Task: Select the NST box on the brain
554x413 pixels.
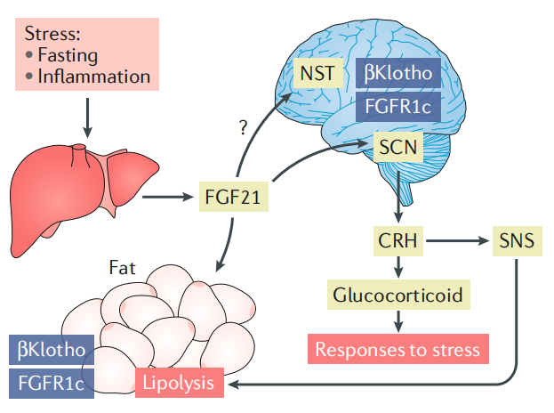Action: click(x=317, y=73)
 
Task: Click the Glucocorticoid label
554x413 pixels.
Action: click(x=397, y=294)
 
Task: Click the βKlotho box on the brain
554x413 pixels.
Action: click(x=399, y=73)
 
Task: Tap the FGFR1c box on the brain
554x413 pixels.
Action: click(x=399, y=109)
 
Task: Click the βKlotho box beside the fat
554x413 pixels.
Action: click(x=50, y=349)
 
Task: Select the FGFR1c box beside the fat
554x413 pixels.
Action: click(x=50, y=383)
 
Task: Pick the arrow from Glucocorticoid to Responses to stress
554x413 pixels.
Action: click(x=397, y=320)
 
